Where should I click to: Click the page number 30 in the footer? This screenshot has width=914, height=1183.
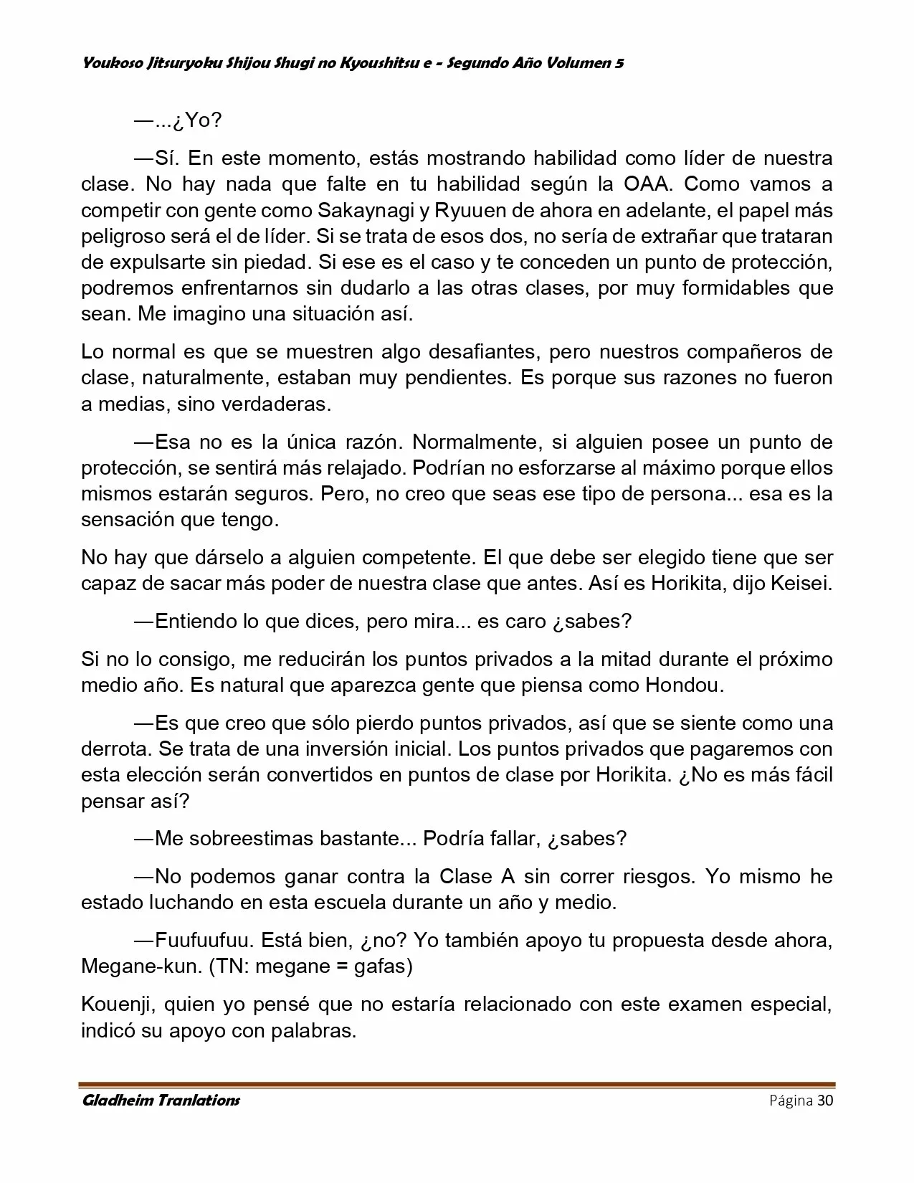coord(824,1101)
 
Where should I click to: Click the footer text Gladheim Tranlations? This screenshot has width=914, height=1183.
coord(161,1101)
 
